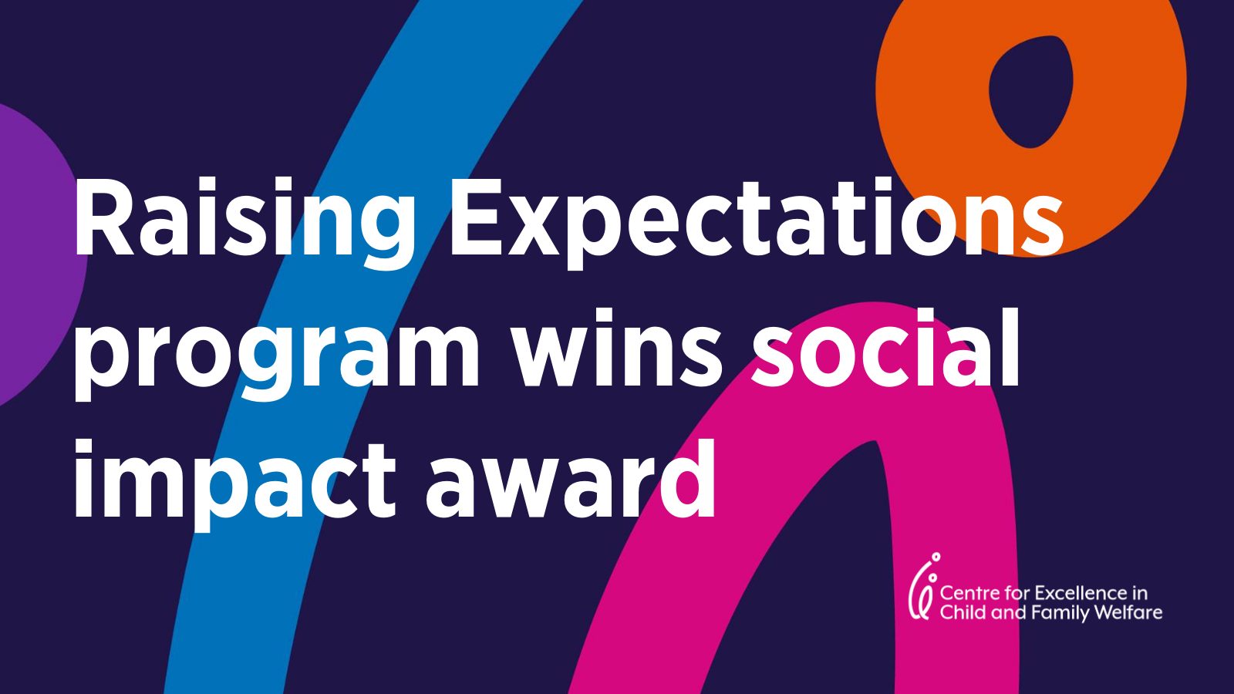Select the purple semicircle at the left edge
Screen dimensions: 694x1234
pos(35,254)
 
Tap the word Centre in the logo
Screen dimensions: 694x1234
pos(967,594)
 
